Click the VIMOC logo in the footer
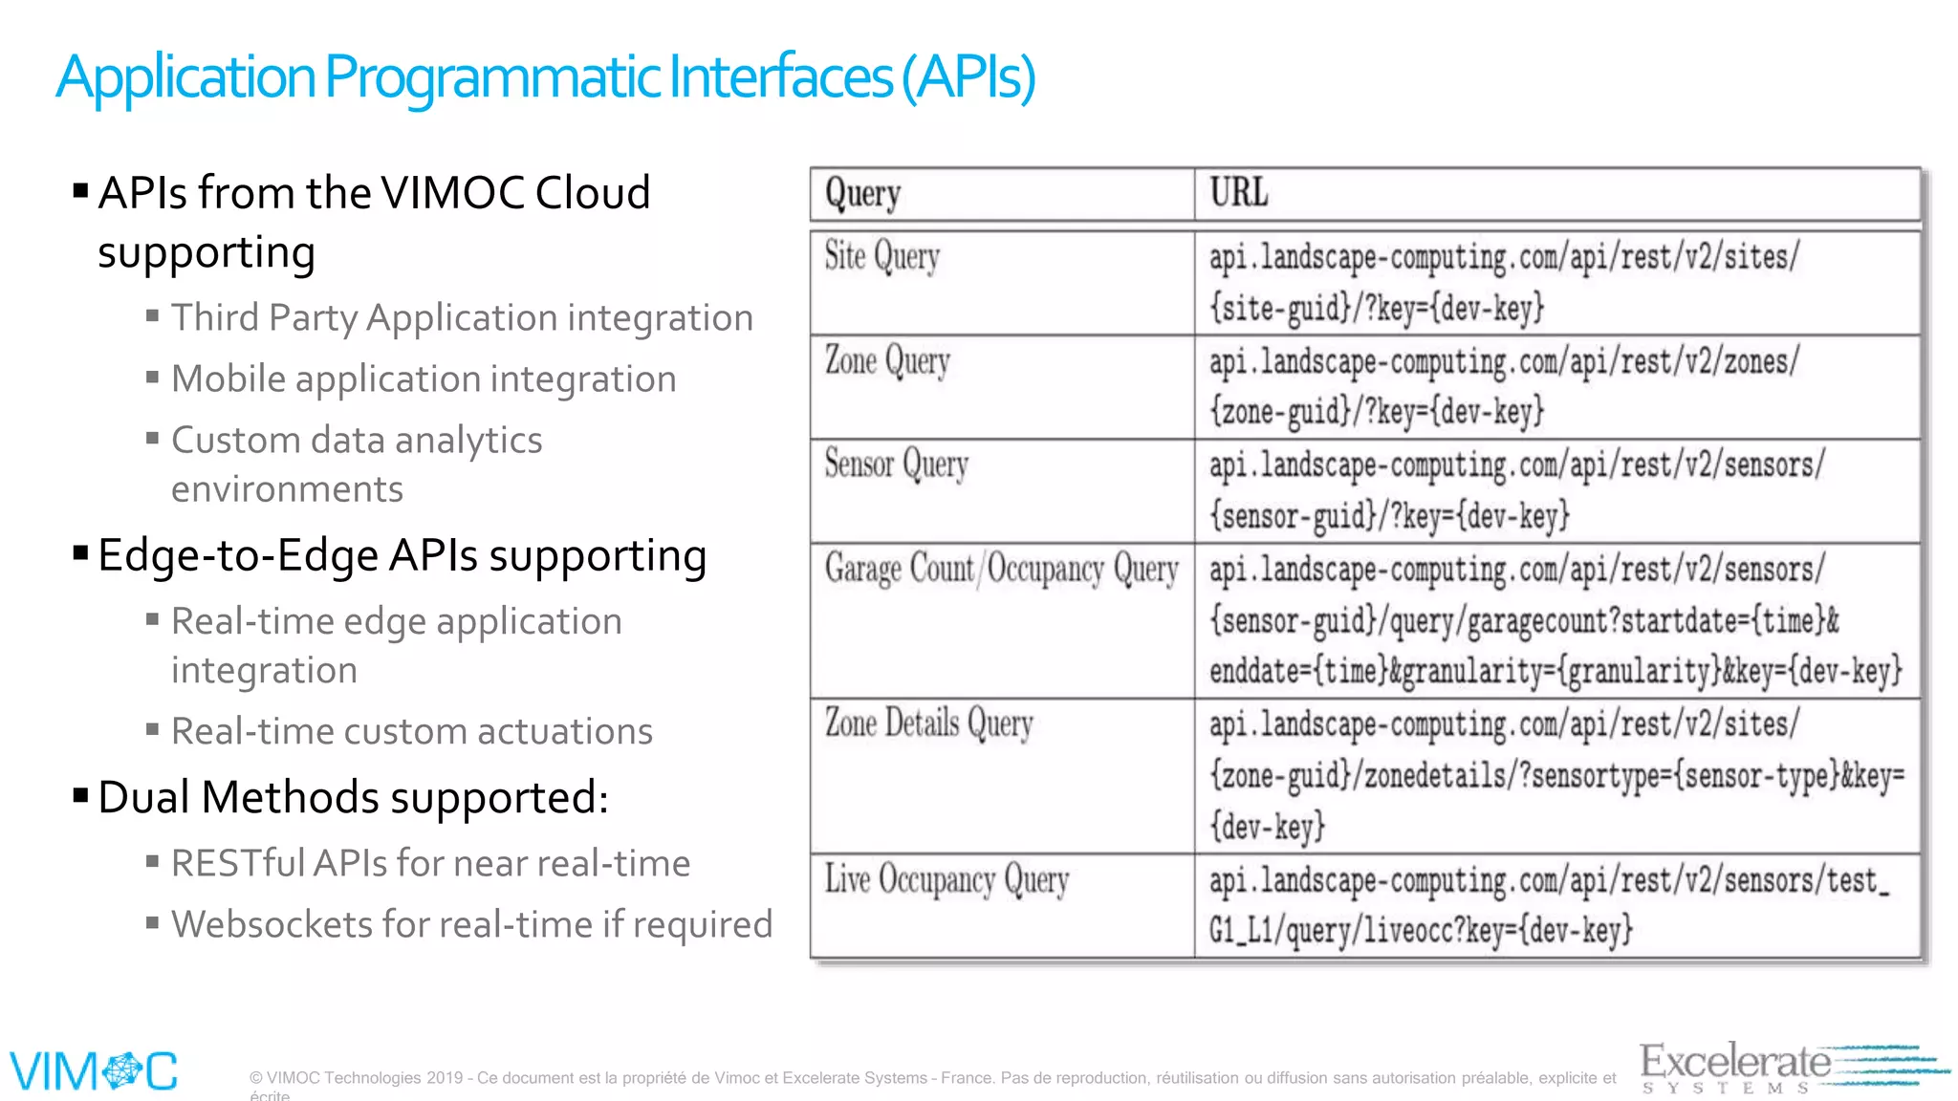(x=94, y=1070)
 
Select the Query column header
(x=862, y=194)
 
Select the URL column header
(x=1238, y=193)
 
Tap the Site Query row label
(x=881, y=257)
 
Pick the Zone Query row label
(x=887, y=361)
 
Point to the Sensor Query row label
(x=896, y=464)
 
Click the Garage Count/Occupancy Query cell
(x=1000, y=570)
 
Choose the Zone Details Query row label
(x=928, y=723)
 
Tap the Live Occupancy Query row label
(x=946, y=880)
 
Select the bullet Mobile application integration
(x=424, y=379)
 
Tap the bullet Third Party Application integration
(x=462, y=318)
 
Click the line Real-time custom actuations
(x=411, y=732)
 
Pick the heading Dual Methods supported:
(x=353, y=798)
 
